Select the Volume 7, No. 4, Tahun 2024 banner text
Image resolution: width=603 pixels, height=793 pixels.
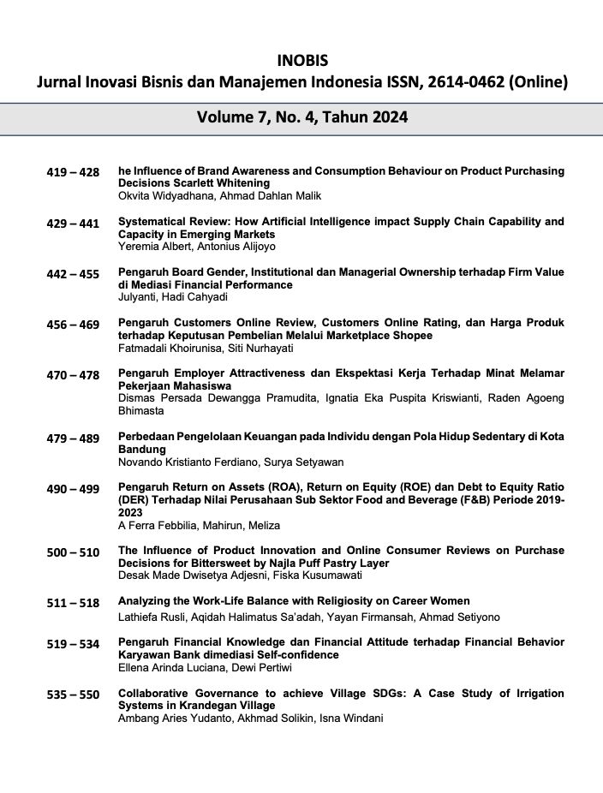click(x=301, y=117)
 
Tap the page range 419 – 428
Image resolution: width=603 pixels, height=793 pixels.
click(x=73, y=172)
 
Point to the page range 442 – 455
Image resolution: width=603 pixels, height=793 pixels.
click(x=73, y=274)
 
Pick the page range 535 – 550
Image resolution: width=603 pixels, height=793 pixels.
click(x=73, y=694)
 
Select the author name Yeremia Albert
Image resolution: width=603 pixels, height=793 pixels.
click(x=151, y=247)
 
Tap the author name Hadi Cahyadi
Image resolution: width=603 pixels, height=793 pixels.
click(x=188, y=297)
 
